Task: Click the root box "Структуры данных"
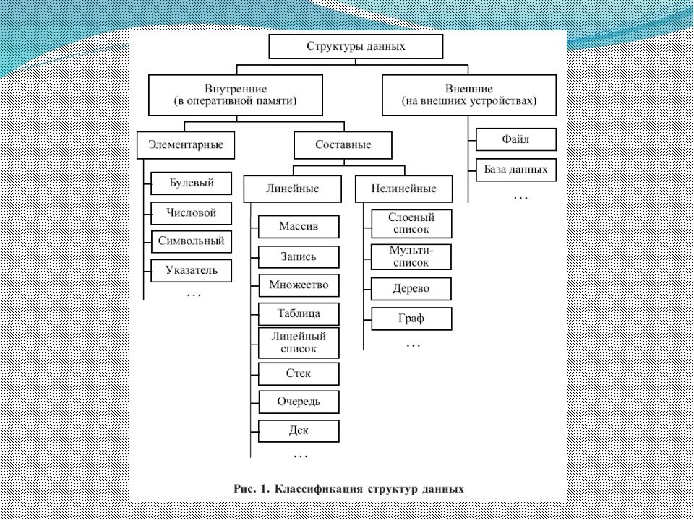pyautogui.click(x=355, y=46)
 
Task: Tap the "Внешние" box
pyautogui.click(x=469, y=95)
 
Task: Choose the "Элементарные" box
pyautogui.click(x=192, y=144)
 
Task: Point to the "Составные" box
pyautogui.click(x=343, y=144)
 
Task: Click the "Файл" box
pyautogui.click(x=516, y=139)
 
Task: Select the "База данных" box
pyautogui.click(x=516, y=170)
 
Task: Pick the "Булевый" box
pyautogui.click(x=192, y=183)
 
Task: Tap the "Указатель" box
pyautogui.click(x=192, y=271)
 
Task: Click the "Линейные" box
pyautogui.click(x=292, y=188)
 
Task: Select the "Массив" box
pyautogui.click(x=299, y=227)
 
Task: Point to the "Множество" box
pyautogui.click(x=299, y=285)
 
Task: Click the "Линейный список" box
pyautogui.click(x=299, y=342)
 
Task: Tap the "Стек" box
pyautogui.click(x=299, y=373)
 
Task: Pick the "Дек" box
pyautogui.click(x=299, y=430)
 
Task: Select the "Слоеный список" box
pyautogui.click(x=411, y=223)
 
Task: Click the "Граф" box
pyautogui.click(x=411, y=318)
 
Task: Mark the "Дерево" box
pyautogui.click(x=411, y=288)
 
